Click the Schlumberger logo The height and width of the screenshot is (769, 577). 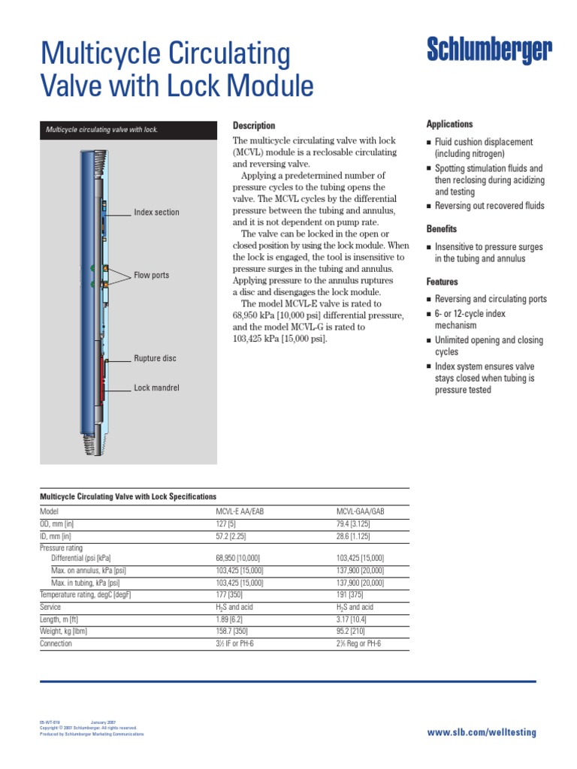pyautogui.click(x=489, y=51)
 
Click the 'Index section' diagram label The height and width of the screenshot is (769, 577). pyautogui.click(x=156, y=213)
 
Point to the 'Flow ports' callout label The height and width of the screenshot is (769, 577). pyautogui.click(x=151, y=276)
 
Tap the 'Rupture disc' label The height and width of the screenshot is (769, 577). pyautogui.click(x=155, y=359)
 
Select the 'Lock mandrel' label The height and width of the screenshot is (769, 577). pyautogui.click(x=156, y=388)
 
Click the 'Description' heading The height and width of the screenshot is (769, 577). pyautogui.click(x=254, y=125)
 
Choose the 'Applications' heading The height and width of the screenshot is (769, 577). pyautogui.click(x=449, y=124)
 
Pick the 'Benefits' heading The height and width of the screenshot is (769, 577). pyautogui.click(x=442, y=229)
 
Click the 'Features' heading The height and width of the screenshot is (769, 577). pyautogui.click(x=443, y=282)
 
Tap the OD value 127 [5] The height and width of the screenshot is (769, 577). pyautogui.click(x=226, y=523)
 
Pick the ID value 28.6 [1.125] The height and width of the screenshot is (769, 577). pyautogui.click(x=353, y=535)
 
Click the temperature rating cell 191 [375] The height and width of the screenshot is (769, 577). pyautogui.click(x=351, y=595)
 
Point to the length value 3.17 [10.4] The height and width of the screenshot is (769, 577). pyautogui.click(x=351, y=620)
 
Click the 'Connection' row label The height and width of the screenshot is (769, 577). pyautogui.click(x=56, y=644)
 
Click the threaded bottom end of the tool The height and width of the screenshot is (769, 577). pyautogui.click(x=89, y=443)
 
